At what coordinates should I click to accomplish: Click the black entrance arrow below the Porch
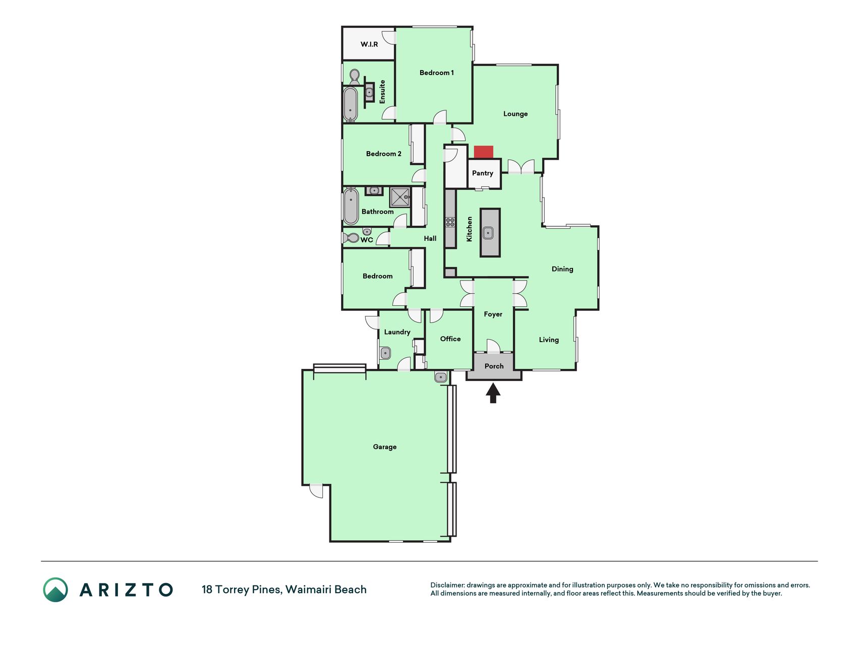[493, 393]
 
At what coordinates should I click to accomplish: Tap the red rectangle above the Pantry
[483, 152]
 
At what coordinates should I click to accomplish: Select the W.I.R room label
[369, 44]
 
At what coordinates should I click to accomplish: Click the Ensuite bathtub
[351, 104]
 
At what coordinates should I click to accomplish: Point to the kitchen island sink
[488, 233]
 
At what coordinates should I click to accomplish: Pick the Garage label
[385, 447]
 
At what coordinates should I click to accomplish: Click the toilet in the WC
[351, 237]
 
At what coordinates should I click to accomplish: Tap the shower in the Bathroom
[400, 197]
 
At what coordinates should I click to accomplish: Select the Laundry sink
[385, 353]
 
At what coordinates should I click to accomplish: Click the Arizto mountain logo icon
[55, 590]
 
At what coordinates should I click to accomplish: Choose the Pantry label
[483, 173]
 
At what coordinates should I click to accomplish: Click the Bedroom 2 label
[384, 154]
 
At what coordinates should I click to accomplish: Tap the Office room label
[450, 339]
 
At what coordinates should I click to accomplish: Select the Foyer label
[493, 314]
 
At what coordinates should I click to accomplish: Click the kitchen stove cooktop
[450, 222]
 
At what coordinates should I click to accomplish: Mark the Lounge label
[515, 114]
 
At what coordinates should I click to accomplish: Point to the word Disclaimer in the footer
[447, 585]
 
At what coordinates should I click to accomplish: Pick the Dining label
[562, 269]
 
